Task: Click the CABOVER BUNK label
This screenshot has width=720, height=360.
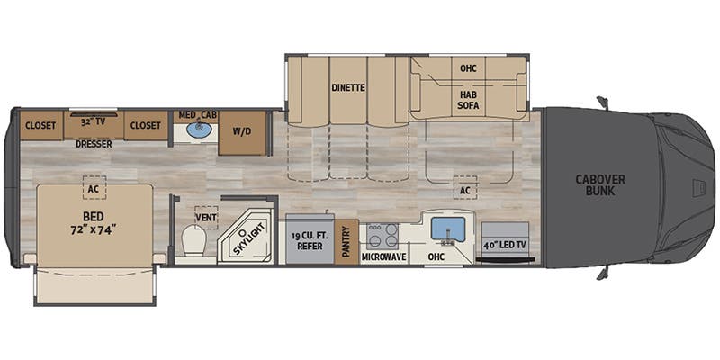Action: coord(600,185)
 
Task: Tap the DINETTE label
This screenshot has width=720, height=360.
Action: coord(347,88)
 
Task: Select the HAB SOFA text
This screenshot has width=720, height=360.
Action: coord(468,100)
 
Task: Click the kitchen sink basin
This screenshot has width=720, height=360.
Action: coord(447,229)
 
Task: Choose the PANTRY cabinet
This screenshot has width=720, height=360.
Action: coord(346,240)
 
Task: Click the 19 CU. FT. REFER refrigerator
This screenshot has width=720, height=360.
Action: coord(310,241)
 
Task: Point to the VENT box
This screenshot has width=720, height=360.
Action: coord(206,217)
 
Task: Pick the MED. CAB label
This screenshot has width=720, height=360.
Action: coord(198,114)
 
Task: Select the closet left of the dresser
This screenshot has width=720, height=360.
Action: coord(40,125)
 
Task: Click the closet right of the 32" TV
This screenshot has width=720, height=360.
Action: coord(145,125)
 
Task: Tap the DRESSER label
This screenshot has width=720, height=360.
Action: coord(94,143)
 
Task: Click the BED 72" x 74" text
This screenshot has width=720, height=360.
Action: coord(94,222)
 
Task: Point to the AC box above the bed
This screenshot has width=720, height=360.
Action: coord(94,188)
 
